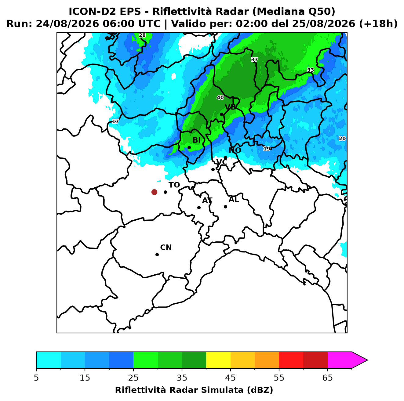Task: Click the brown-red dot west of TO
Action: pyautogui.click(x=154, y=192)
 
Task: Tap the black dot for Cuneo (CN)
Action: pyautogui.click(x=157, y=255)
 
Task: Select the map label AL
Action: pyautogui.click(x=234, y=200)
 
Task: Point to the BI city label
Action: pyautogui.click(x=196, y=140)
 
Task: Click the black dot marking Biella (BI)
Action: pyautogui.click(x=189, y=148)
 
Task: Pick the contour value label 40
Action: pyautogui.click(x=220, y=97)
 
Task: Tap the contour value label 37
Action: pyautogui.click(x=254, y=60)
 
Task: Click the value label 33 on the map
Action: pyautogui.click(x=311, y=70)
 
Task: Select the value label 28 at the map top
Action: pyautogui.click(x=142, y=35)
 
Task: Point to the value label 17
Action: pyautogui.click(x=115, y=121)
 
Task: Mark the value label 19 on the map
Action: pyautogui.click(x=267, y=149)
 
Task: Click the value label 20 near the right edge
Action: pyautogui.click(x=342, y=139)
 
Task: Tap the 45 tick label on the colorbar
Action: pyautogui.click(x=231, y=378)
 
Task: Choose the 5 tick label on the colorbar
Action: pyautogui.click(x=36, y=378)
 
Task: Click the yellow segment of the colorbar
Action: pyautogui.click(x=218, y=360)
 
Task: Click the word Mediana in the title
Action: pyautogui.click(x=278, y=12)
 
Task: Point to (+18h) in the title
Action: pyautogui.click(x=378, y=24)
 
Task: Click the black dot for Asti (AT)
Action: pyautogui.click(x=199, y=208)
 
